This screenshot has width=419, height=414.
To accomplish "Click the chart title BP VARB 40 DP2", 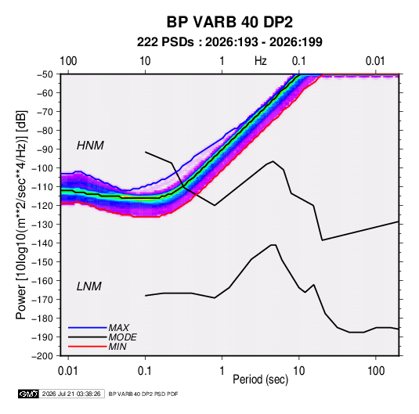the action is click(229, 22).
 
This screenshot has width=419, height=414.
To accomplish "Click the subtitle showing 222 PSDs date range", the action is click(229, 42).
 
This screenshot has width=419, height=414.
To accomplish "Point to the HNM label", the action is click(90, 146).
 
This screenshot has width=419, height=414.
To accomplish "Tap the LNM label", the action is click(89, 286).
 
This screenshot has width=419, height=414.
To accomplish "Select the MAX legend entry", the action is click(118, 327).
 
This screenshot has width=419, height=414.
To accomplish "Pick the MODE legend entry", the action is click(123, 337).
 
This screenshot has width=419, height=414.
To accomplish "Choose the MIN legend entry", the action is click(117, 347).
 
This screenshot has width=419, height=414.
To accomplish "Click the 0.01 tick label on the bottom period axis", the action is click(68, 371).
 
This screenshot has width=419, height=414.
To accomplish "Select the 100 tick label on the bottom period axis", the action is click(376, 371).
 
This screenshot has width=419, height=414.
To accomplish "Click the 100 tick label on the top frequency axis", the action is click(68, 61).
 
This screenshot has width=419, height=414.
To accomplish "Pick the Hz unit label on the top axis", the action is click(261, 61).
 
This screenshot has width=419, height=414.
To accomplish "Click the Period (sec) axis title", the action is click(261, 380).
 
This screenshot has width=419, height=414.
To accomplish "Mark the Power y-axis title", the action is click(21, 214).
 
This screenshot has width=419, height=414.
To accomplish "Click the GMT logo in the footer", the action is click(28, 394).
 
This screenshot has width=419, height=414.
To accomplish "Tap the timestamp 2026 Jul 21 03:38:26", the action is click(71, 394).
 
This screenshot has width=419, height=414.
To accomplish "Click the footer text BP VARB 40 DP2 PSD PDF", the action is click(143, 394).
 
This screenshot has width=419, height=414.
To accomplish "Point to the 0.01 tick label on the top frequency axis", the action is click(375, 61).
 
